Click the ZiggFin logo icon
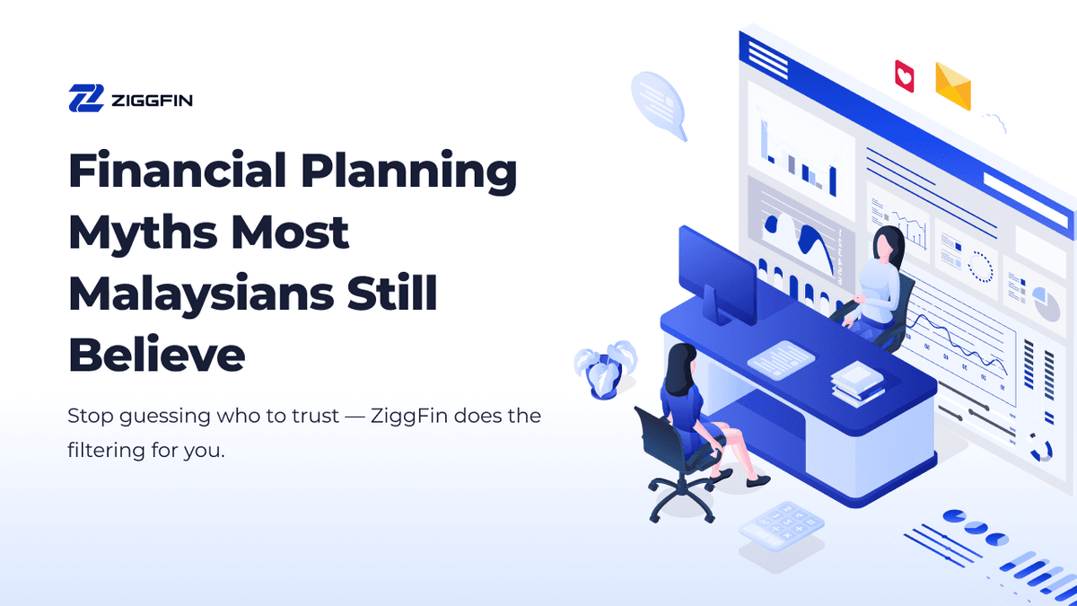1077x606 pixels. coord(86,98)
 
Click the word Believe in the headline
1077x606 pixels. coord(156,355)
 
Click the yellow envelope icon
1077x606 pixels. coord(953,85)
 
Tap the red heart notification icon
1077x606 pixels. coord(905,75)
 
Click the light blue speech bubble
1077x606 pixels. coord(659,101)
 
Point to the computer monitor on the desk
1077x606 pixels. coord(717,268)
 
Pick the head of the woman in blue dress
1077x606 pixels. coord(679,357)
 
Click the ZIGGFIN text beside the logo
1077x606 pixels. coord(152,99)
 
